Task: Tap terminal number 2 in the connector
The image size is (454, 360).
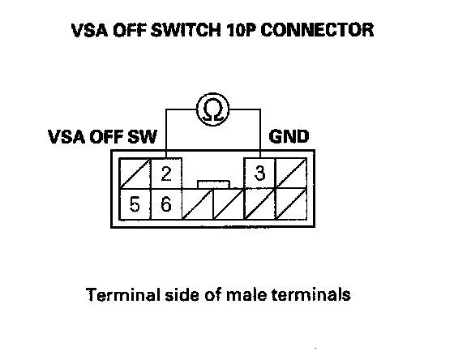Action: click(x=166, y=174)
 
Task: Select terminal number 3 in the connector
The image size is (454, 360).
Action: click(x=259, y=174)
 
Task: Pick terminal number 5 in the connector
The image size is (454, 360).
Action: click(x=135, y=204)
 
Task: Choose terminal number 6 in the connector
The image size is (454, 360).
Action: click(x=166, y=204)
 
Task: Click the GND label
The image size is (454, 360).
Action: click(x=289, y=136)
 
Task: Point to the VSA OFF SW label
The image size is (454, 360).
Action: click(x=102, y=137)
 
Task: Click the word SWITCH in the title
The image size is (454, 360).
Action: click(x=186, y=30)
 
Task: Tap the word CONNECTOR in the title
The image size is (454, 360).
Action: click(x=317, y=30)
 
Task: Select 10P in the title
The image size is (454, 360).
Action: click(x=241, y=30)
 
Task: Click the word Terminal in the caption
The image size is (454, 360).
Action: click(x=123, y=294)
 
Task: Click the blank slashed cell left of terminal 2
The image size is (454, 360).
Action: click(x=135, y=174)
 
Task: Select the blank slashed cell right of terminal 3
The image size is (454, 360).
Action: click(x=291, y=174)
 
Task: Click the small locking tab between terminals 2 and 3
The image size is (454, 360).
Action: click(x=214, y=185)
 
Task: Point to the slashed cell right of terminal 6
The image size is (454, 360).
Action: click(x=198, y=204)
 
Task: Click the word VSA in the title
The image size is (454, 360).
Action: click(x=89, y=30)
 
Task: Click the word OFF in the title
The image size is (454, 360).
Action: click(x=129, y=30)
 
